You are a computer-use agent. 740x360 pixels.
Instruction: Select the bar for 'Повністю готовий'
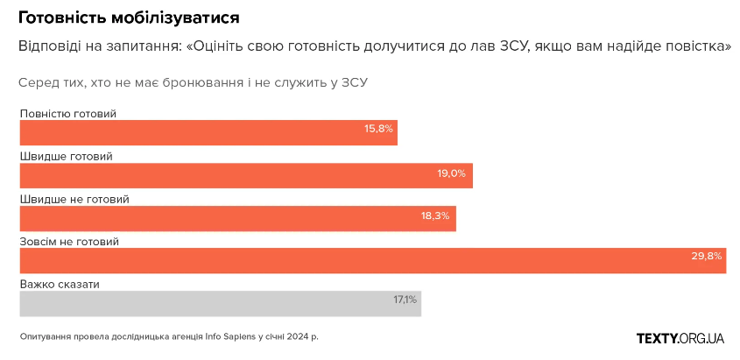(208, 132)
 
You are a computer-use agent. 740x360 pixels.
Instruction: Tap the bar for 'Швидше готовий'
(245, 175)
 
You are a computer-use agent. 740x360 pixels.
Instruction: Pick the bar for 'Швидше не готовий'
(236, 218)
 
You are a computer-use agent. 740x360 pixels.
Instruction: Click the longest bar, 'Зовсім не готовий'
(372, 261)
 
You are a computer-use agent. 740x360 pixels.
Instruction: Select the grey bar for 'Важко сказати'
(219, 303)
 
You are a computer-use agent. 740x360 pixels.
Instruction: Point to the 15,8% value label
(379, 129)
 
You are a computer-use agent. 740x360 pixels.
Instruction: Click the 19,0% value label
(452, 173)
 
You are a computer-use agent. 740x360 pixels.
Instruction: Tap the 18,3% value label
(435, 215)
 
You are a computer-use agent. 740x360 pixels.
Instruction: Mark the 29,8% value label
(707, 257)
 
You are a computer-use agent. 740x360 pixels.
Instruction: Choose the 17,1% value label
(405, 300)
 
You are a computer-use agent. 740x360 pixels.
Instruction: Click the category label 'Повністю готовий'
(67, 114)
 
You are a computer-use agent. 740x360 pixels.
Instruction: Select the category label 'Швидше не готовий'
(74, 199)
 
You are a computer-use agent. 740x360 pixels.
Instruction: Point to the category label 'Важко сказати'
(60, 285)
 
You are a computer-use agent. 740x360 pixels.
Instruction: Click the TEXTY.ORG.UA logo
(680, 338)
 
